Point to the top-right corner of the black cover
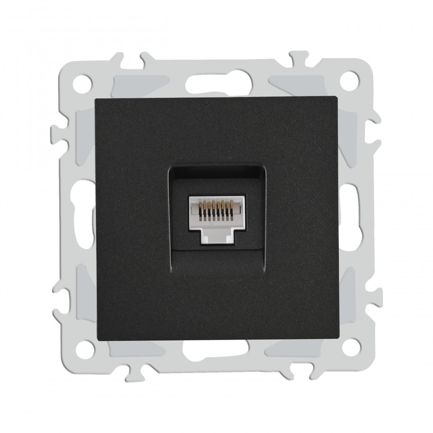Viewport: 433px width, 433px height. [338, 97]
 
